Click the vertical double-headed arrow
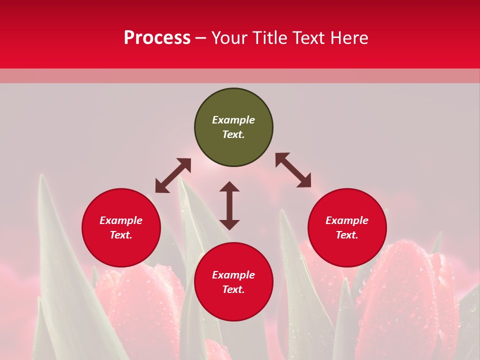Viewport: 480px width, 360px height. tap(229, 205)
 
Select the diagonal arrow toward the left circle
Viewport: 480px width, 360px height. tap(173, 175)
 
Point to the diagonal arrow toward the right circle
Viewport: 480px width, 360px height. tap(293, 170)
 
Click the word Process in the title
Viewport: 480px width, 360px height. tap(157, 38)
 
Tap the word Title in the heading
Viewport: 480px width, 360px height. tap(271, 38)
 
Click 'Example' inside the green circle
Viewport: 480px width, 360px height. tap(233, 120)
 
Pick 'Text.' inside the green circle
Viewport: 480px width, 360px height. tap(233, 134)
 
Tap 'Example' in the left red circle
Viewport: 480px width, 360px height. tap(121, 220)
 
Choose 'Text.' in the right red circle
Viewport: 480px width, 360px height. tap(347, 235)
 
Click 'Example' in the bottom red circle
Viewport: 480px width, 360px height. tap(233, 275)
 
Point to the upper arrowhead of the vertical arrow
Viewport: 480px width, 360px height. tap(229, 186)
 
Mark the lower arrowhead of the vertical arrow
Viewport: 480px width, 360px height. tap(229, 224)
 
